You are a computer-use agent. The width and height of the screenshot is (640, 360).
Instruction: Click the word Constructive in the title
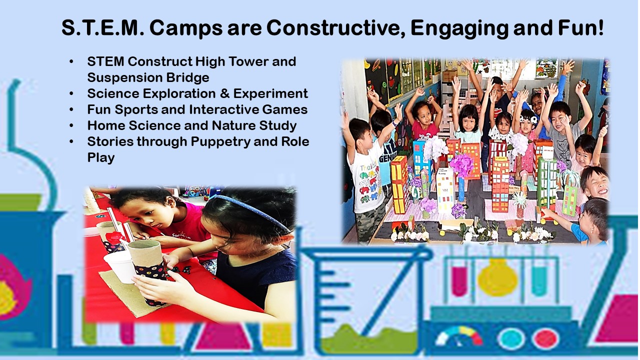(335, 27)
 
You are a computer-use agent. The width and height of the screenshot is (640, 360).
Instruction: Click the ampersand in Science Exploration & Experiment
(224, 93)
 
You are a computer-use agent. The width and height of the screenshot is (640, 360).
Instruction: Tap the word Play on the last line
(101, 158)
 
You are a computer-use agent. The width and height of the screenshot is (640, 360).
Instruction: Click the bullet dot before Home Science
(71, 125)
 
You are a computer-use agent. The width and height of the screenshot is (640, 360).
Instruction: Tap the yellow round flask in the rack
(497, 277)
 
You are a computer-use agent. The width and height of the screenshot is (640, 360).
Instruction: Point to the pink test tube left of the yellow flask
(459, 280)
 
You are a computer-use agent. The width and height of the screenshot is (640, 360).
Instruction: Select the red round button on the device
(545, 339)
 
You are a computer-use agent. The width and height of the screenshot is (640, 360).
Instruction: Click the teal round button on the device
(511, 339)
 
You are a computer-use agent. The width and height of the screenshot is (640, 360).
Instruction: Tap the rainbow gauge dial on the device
(459, 336)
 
